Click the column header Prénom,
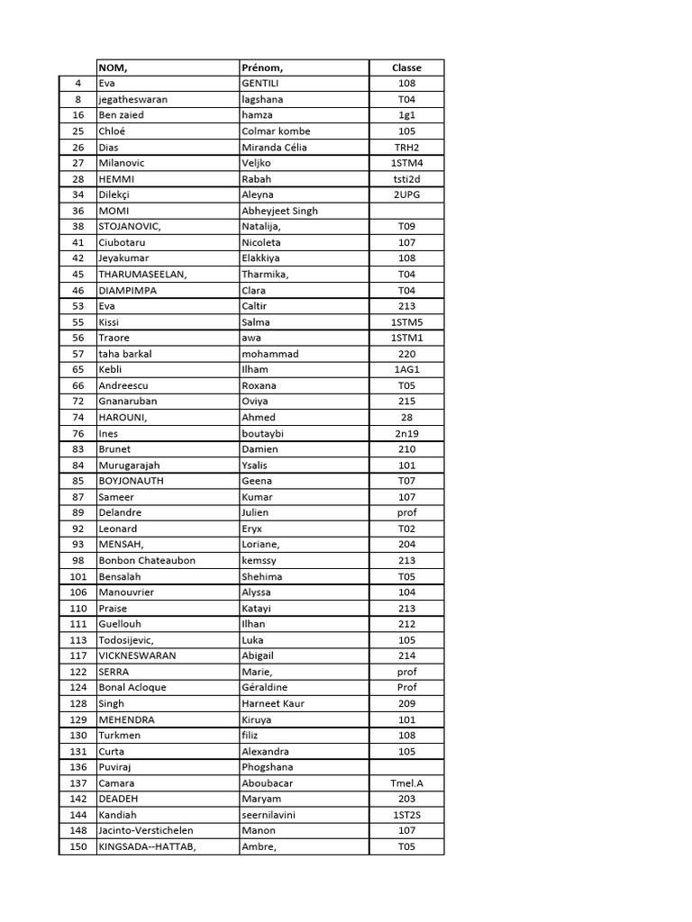[x=262, y=68]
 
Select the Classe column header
[x=406, y=68]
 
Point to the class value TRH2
[x=406, y=147]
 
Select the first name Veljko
[x=257, y=163]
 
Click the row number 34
[x=77, y=194]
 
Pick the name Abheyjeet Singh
[x=279, y=211]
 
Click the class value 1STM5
[x=406, y=321]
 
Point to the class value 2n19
[x=406, y=433]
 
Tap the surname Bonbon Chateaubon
[x=146, y=560]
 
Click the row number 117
[x=77, y=655]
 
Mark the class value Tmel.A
[x=406, y=782]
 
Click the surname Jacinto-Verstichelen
[x=145, y=830]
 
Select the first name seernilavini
[x=269, y=814]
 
